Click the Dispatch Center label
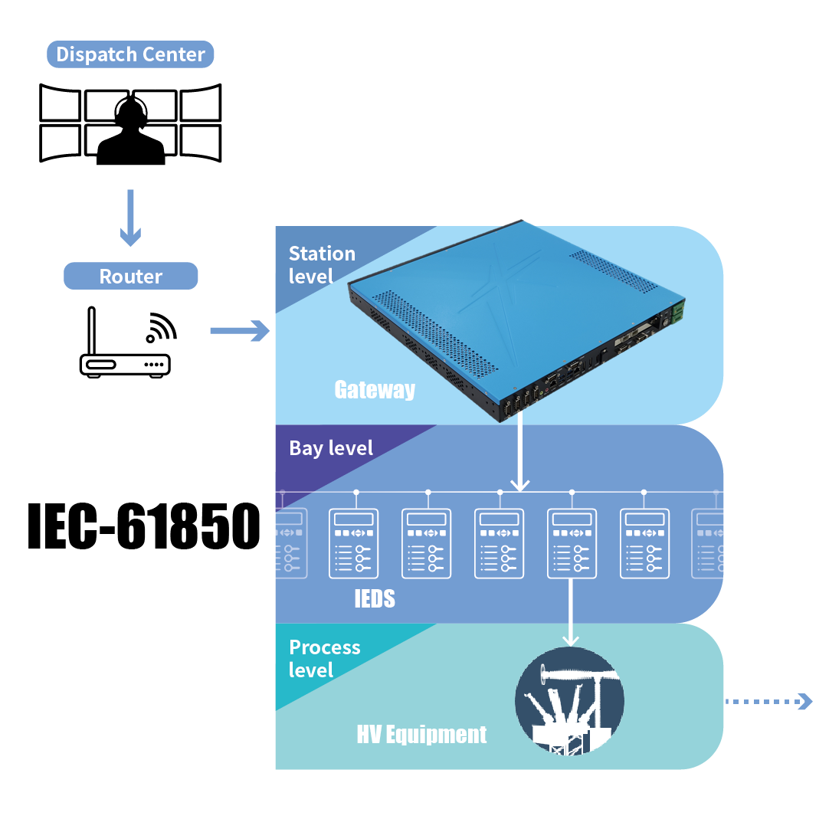[130, 55]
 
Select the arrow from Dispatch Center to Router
[131, 218]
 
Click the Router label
[131, 277]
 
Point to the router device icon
[125, 356]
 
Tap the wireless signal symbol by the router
[160, 327]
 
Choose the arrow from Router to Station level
[240, 331]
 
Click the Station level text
[322, 264]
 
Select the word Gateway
[375, 390]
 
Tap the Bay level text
[331, 448]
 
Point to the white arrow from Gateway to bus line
[520, 452]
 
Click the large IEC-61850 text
[143, 526]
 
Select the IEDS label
[375, 599]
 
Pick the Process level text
[324, 659]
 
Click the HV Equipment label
[421, 735]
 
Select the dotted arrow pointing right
[768, 701]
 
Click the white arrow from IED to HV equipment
[570, 613]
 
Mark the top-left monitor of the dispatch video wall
[60, 103]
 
